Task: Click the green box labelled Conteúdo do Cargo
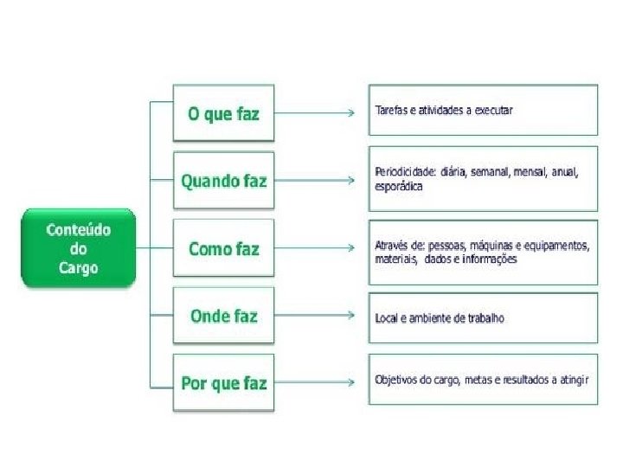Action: pyautogui.click(x=78, y=248)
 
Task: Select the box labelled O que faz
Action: pyautogui.click(x=223, y=113)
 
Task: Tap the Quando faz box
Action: pyautogui.click(x=223, y=181)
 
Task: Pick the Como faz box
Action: pyautogui.click(x=223, y=248)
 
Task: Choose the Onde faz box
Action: pyautogui.click(x=223, y=316)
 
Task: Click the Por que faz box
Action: pyautogui.click(x=223, y=382)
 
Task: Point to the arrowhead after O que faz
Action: pyautogui.click(x=350, y=113)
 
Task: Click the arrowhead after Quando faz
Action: pyautogui.click(x=350, y=181)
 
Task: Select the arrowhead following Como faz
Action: pyautogui.click(x=350, y=248)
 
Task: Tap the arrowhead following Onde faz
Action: pyautogui.click(x=350, y=316)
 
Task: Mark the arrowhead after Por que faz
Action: pyautogui.click(x=350, y=381)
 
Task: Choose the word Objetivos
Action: pyautogui.click(x=395, y=379)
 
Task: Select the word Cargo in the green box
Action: pyautogui.click(x=78, y=267)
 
